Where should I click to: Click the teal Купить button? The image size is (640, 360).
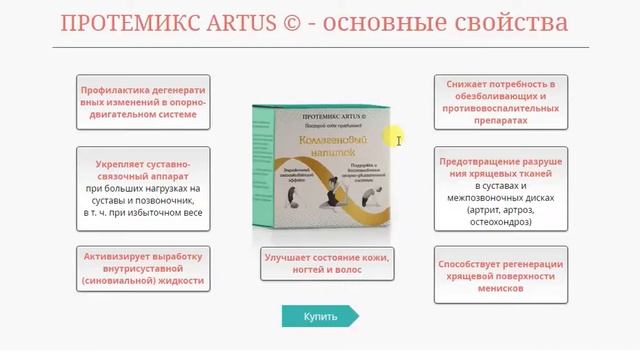[x=320, y=317]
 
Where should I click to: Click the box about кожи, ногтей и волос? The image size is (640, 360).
[x=325, y=263]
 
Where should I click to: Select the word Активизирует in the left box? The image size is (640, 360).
[x=121, y=255]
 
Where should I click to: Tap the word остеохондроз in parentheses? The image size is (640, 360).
[x=501, y=223]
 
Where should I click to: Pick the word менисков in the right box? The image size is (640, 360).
[x=501, y=289]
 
